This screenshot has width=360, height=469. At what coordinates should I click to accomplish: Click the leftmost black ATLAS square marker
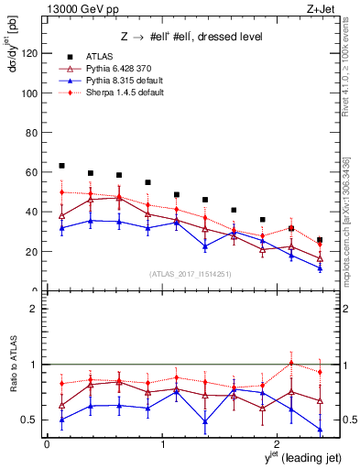click(61, 166)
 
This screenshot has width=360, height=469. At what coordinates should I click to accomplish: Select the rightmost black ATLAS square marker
click(320, 240)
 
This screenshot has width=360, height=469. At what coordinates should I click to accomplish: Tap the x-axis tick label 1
click(162, 444)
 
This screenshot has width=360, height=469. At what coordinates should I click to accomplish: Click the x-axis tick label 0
click(47, 444)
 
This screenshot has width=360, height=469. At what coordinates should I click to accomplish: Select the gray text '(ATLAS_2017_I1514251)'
click(184, 274)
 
